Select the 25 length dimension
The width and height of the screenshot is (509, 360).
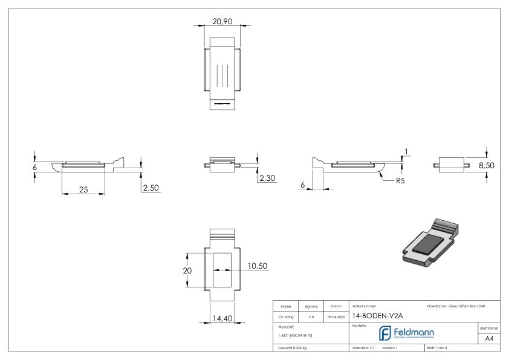(83, 189)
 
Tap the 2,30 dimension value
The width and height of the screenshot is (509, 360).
(267, 179)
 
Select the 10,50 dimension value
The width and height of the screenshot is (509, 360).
(258, 266)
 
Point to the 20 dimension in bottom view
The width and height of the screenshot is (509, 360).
(187, 270)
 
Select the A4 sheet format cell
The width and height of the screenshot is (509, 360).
(493, 339)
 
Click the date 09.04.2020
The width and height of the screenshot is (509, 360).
(336, 316)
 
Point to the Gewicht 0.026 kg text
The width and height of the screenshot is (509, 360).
(293, 348)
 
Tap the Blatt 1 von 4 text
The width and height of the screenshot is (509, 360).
(439, 348)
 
